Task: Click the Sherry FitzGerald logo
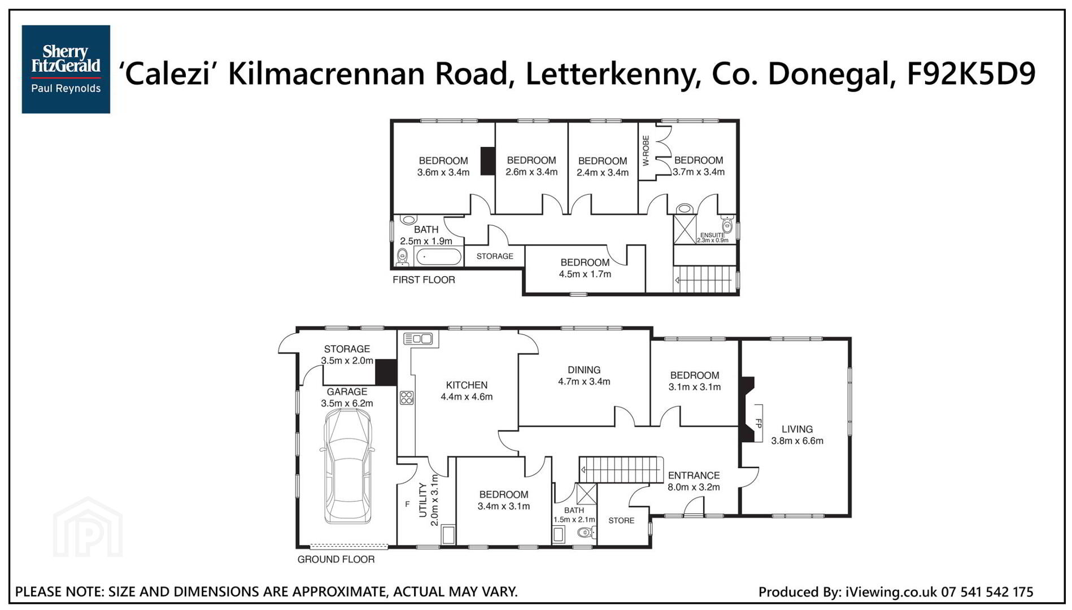pos(66,69)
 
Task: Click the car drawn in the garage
pos(347,467)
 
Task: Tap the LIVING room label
pos(797,429)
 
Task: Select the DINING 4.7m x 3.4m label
pos(584,376)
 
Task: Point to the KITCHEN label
pos(467,385)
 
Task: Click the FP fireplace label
pos(759,423)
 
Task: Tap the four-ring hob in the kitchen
pos(407,398)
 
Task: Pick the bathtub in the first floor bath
pos(439,257)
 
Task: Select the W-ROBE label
pos(646,151)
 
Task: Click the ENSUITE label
pos(712,235)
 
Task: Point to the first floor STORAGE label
pos(495,256)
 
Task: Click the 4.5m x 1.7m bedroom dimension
pos(585,274)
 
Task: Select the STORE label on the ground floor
pos(621,521)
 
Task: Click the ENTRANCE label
pos(694,476)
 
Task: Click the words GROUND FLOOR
pos(336,559)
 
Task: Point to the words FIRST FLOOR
pos(424,280)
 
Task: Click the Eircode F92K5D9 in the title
pos(971,73)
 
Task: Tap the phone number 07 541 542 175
pos(987,592)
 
